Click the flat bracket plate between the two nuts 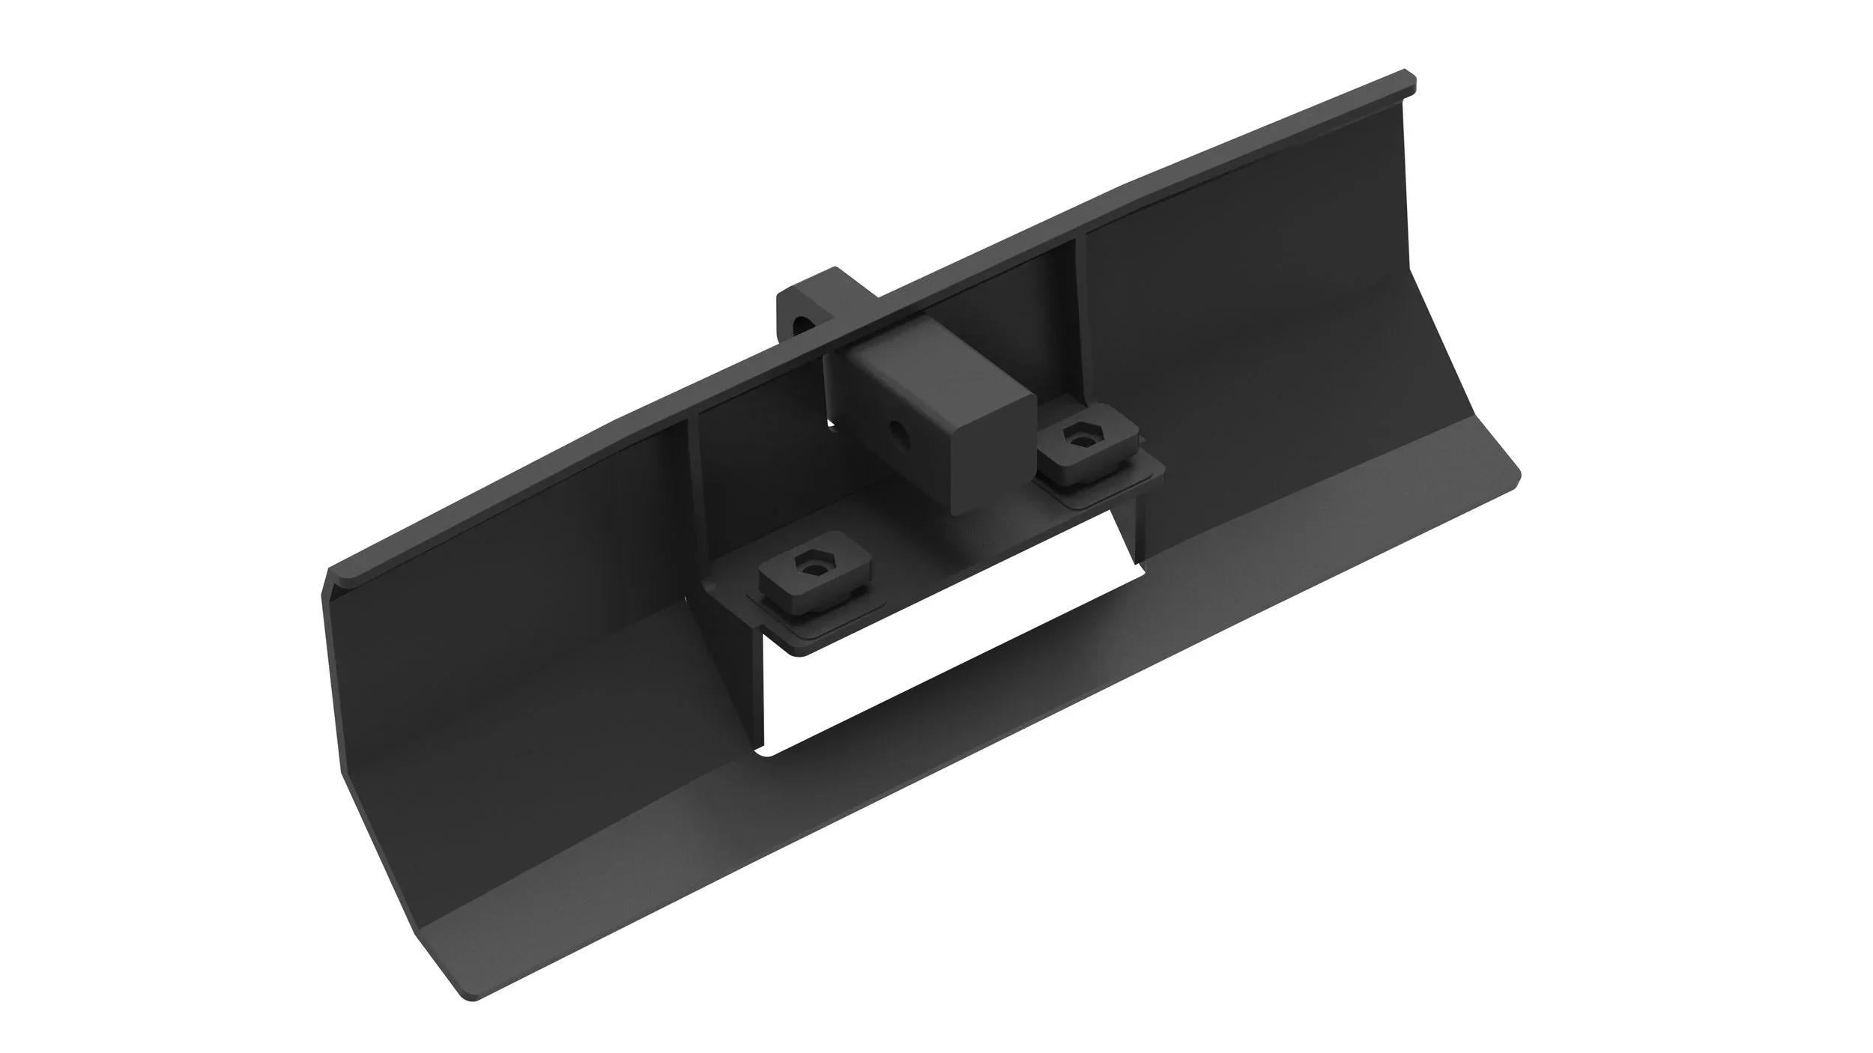point(936,539)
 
